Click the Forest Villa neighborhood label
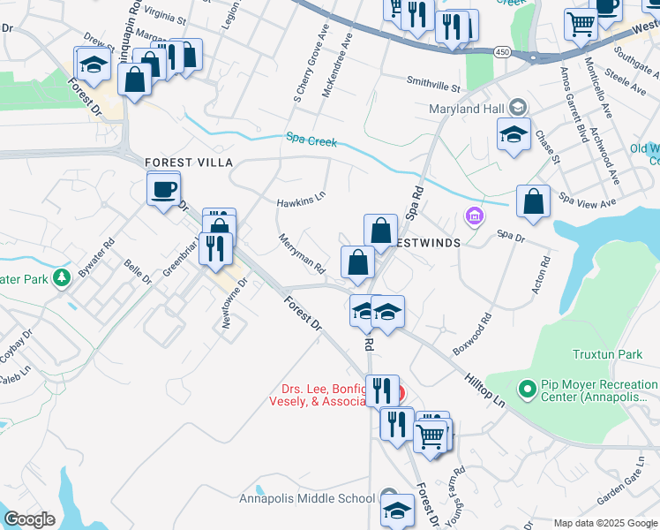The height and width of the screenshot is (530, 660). [189, 163]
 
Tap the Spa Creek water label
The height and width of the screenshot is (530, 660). [311, 140]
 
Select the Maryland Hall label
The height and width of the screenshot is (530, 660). [466, 109]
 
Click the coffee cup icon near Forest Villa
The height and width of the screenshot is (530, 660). [164, 189]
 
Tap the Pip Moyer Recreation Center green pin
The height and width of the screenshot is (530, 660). [528, 389]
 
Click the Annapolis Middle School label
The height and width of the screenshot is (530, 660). [306, 498]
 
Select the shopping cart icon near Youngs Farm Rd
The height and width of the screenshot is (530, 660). [431, 435]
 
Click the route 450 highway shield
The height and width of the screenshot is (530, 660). [502, 53]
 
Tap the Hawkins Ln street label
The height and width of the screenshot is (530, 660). [301, 200]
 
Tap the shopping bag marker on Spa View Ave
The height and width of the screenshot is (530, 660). [534, 201]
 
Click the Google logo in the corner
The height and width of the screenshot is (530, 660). [29, 519]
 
